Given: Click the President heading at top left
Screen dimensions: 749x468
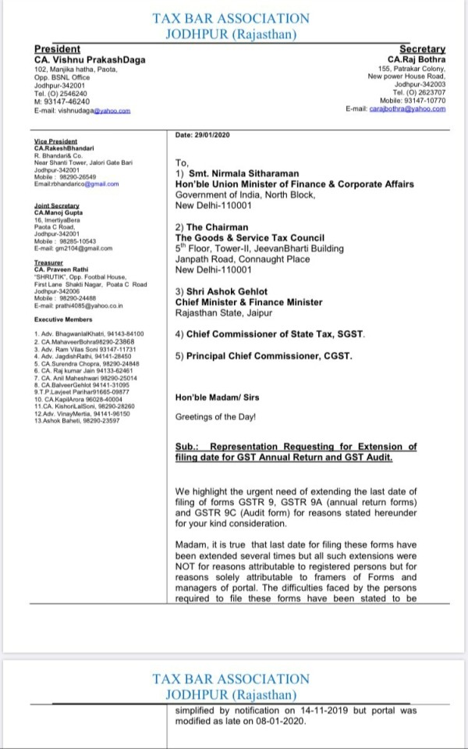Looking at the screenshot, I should [x=58, y=48].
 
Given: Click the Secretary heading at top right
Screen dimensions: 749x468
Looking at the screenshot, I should [x=422, y=48].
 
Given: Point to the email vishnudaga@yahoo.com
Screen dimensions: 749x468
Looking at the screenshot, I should [x=82, y=111].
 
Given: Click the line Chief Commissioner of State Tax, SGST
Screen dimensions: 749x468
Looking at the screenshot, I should [x=270, y=334].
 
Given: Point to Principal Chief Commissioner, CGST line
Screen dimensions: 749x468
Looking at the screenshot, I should [x=264, y=356].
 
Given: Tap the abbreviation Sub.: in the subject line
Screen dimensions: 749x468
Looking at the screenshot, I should [x=188, y=447].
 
